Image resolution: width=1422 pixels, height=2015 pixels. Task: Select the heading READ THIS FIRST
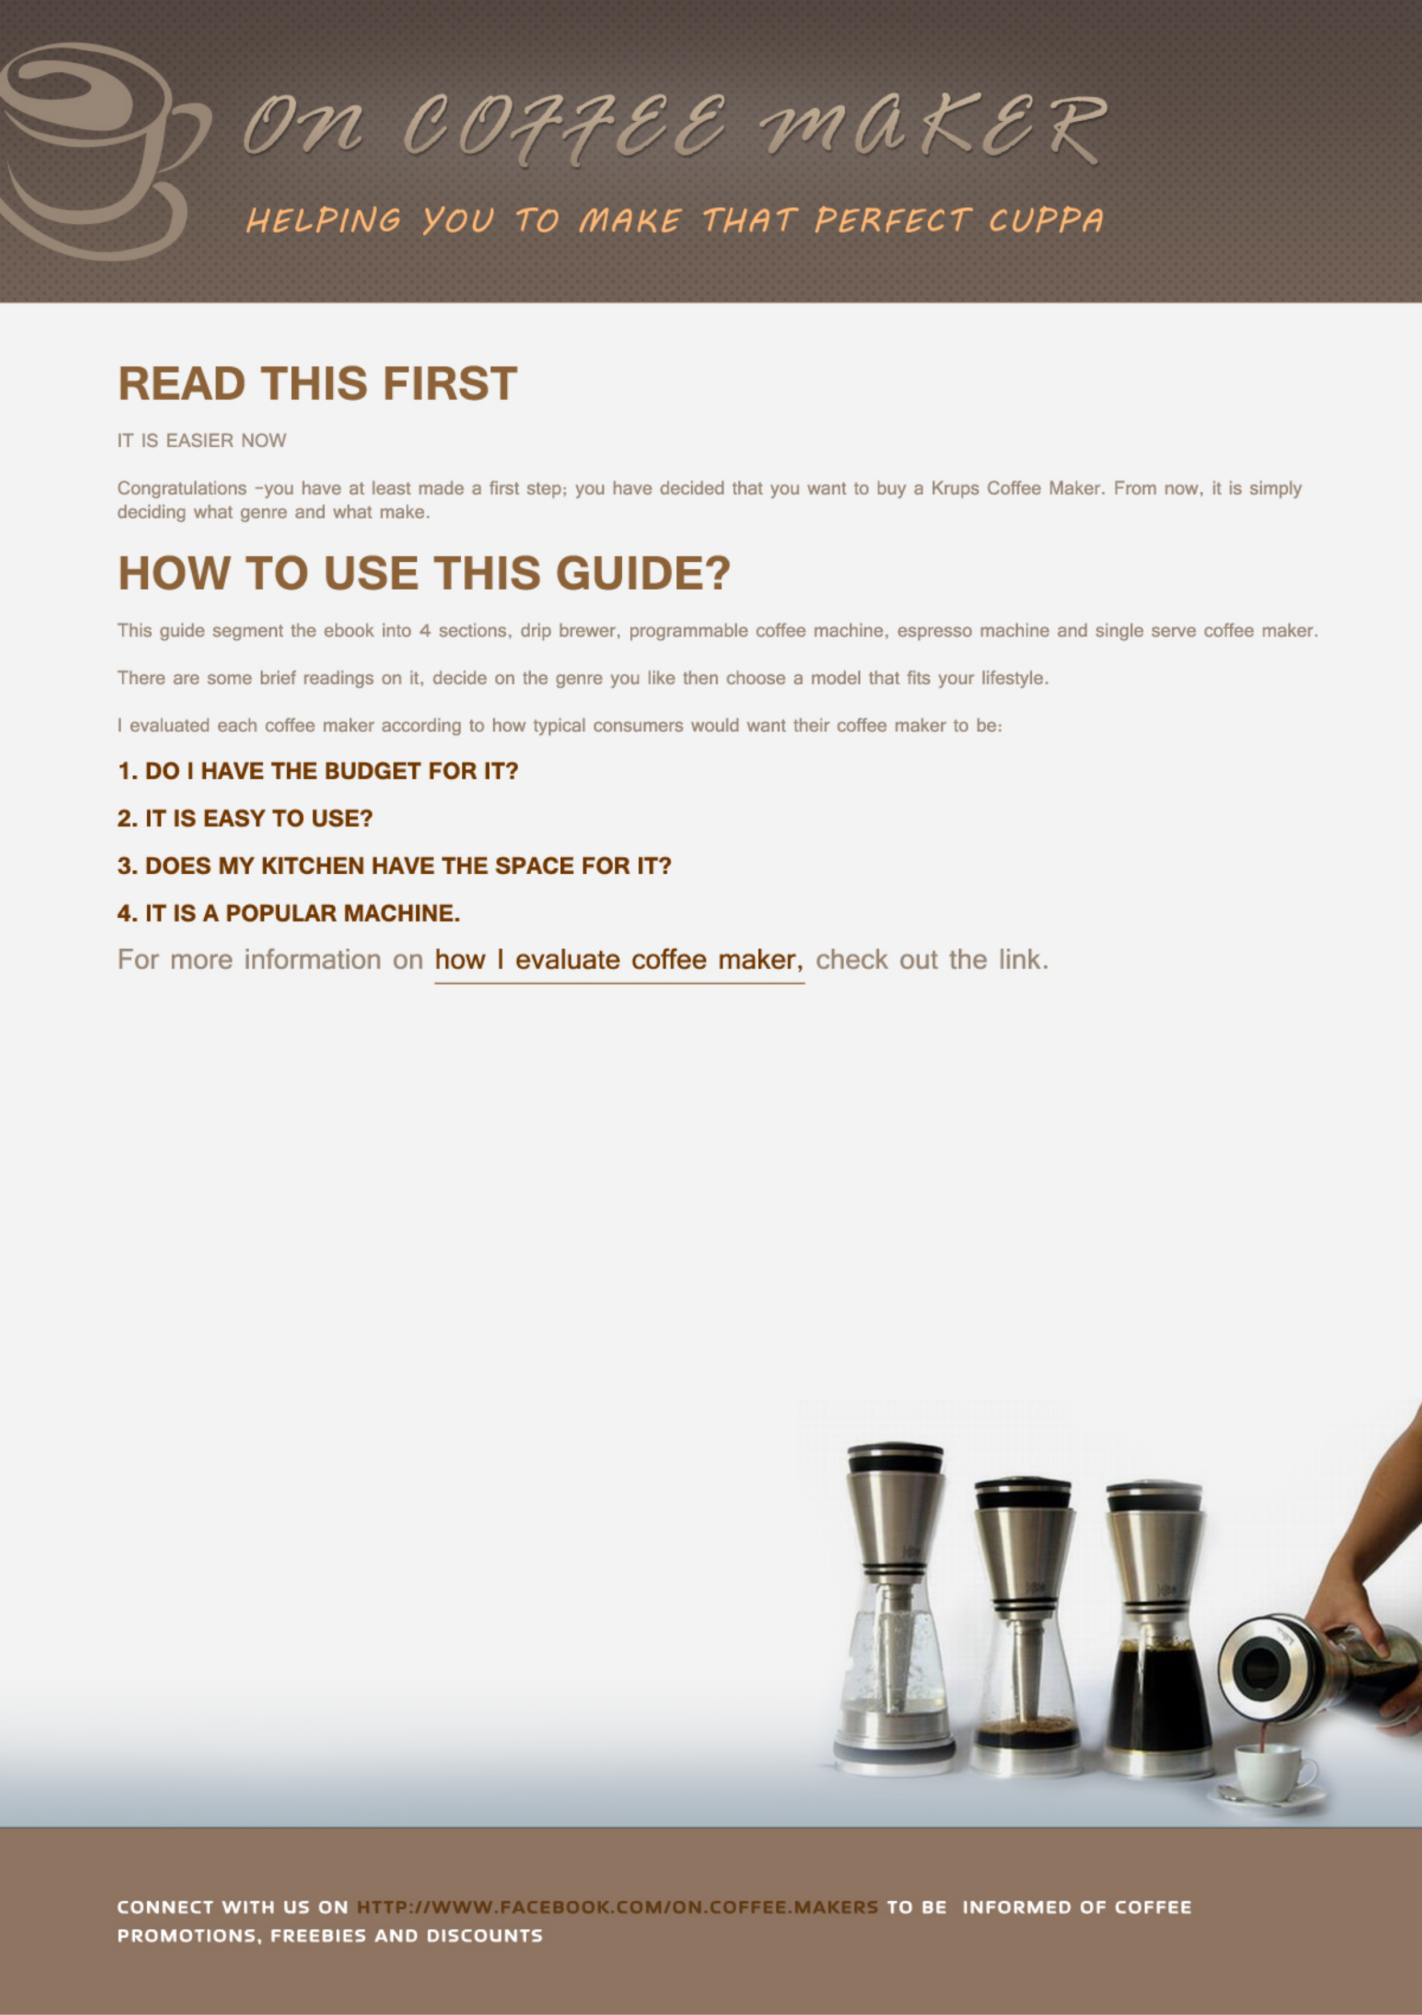[317, 384]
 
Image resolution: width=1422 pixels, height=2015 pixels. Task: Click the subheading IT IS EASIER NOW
[202, 441]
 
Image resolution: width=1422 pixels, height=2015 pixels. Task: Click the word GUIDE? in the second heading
[642, 573]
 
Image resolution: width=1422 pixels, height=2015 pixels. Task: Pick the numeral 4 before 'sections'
[424, 631]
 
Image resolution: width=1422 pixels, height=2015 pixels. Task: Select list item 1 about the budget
[317, 771]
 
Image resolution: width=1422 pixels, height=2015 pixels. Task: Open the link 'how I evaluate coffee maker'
[618, 960]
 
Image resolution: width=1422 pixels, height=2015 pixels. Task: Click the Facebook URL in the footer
[617, 1907]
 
